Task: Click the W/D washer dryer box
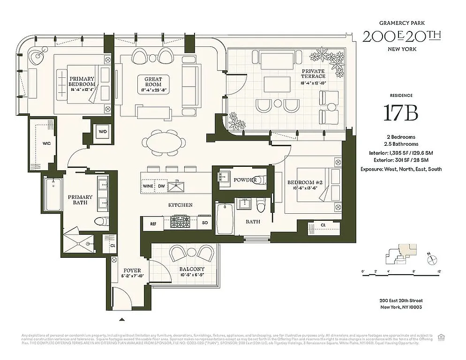(x=103, y=132)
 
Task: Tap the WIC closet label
(x=46, y=142)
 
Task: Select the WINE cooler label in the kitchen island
(x=148, y=186)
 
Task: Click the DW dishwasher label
(x=161, y=186)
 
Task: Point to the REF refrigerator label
(x=153, y=224)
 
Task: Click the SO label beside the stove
(x=204, y=224)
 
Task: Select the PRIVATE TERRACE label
(x=313, y=74)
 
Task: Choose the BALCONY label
(x=192, y=269)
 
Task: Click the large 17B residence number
(x=400, y=113)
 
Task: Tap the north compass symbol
(x=433, y=257)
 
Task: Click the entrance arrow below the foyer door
(x=122, y=319)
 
